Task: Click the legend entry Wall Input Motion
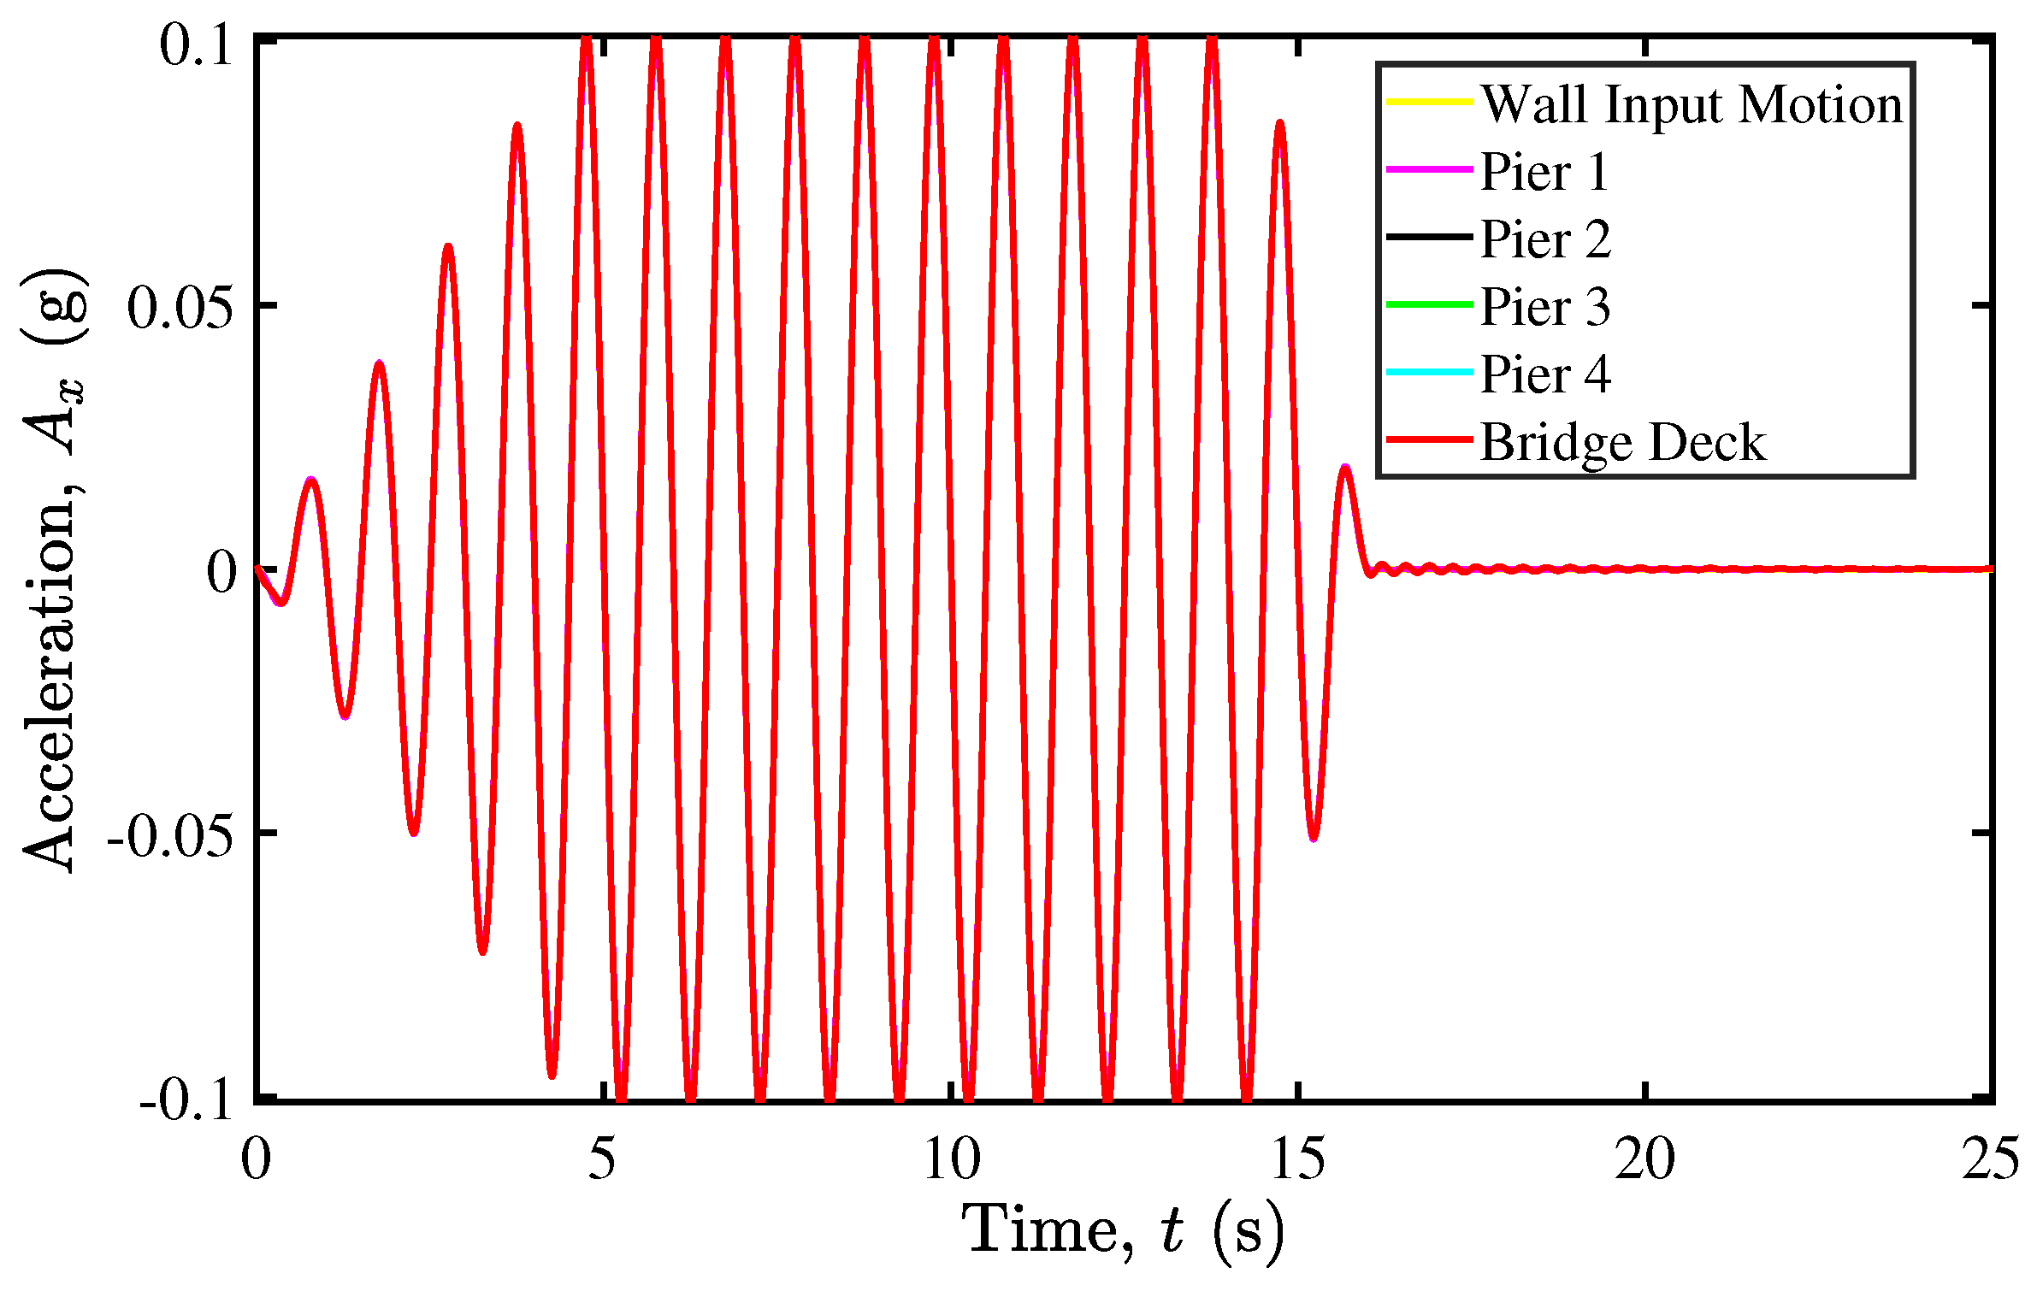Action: [x=1691, y=105]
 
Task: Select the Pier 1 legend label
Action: [x=1544, y=172]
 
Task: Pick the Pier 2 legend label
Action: [x=1545, y=239]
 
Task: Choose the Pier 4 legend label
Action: [x=1545, y=374]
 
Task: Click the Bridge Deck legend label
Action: [x=1622, y=442]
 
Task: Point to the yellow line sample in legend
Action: [x=1429, y=103]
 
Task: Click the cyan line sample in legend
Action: [x=1429, y=372]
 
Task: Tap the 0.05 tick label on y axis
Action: [x=180, y=307]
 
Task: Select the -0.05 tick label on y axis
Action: [x=169, y=835]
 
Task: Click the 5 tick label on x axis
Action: [x=602, y=1160]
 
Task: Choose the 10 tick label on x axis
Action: [x=951, y=1160]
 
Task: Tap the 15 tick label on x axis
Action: [x=1298, y=1160]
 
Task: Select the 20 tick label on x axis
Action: [x=1644, y=1160]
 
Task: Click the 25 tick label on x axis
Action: [x=1991, y=1160]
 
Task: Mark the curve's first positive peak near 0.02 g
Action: [x=312, y=480]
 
